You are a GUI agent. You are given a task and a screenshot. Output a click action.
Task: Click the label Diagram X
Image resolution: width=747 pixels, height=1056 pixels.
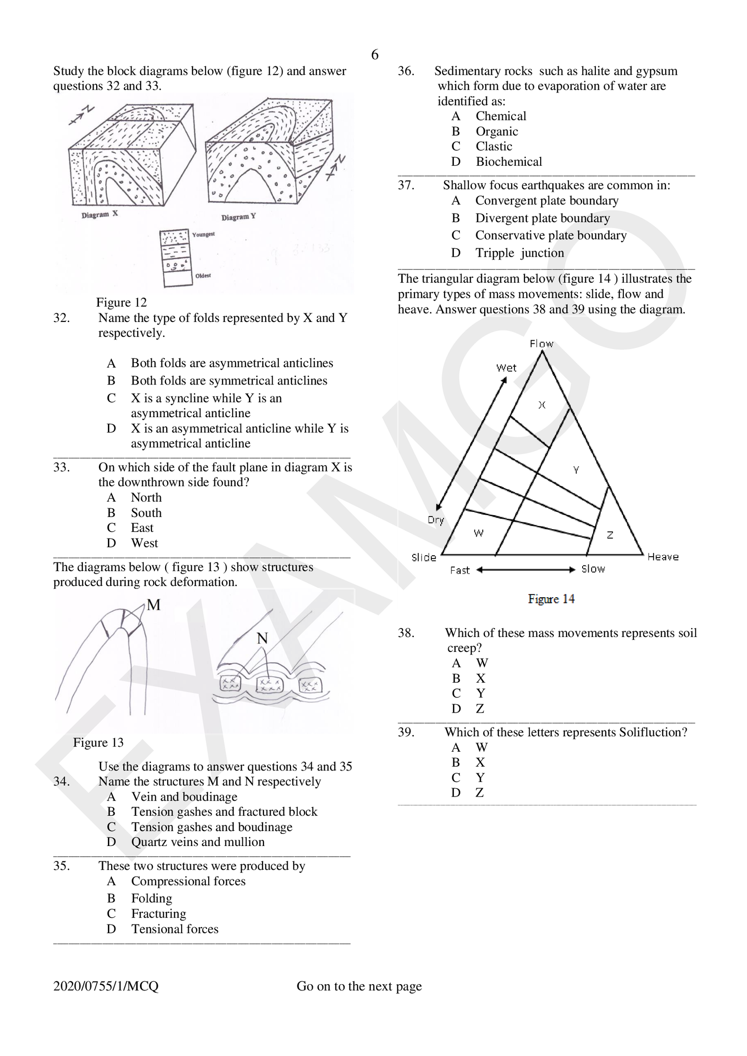(x=99, y=215)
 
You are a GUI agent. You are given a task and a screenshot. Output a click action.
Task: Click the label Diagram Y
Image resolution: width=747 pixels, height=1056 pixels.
(x=238, y=217)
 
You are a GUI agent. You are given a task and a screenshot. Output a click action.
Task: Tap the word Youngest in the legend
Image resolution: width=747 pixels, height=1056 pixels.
(x=203, y=234)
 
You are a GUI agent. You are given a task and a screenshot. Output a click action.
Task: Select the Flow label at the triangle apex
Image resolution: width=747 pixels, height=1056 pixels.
(x=542, y=344)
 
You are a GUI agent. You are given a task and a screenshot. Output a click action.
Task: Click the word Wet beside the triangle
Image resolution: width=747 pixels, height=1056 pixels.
(x=506, y=368)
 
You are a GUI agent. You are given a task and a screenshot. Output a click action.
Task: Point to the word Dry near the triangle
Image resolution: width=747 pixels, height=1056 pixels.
(x=436, y=520)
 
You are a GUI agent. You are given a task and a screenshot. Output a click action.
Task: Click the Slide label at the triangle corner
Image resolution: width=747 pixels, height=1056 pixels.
(x=424, y=557)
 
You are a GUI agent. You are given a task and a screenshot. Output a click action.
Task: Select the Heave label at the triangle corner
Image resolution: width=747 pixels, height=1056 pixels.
(x=663, y=557)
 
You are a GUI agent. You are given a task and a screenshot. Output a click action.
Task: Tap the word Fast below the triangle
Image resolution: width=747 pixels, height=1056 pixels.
(x=460, y=570)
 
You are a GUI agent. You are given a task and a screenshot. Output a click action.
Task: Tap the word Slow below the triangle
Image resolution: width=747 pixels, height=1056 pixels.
(x=593, y=569)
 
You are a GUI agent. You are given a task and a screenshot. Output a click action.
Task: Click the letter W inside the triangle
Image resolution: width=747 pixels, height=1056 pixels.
(x=479, y=533)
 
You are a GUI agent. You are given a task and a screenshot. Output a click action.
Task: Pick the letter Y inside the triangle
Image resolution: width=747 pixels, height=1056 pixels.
(x=576, y=470)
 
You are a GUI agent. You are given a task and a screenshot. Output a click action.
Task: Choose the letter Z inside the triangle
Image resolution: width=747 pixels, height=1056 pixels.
(x=610, y=535)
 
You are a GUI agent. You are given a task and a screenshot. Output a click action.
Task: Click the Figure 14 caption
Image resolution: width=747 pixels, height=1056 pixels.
(x=551, y=599)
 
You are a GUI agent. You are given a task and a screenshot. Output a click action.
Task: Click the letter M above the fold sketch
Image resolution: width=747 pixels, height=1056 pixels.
(x=153, y=605)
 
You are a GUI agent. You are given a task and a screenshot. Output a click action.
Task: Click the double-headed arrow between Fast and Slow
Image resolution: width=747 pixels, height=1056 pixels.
(x=526, y=570)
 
